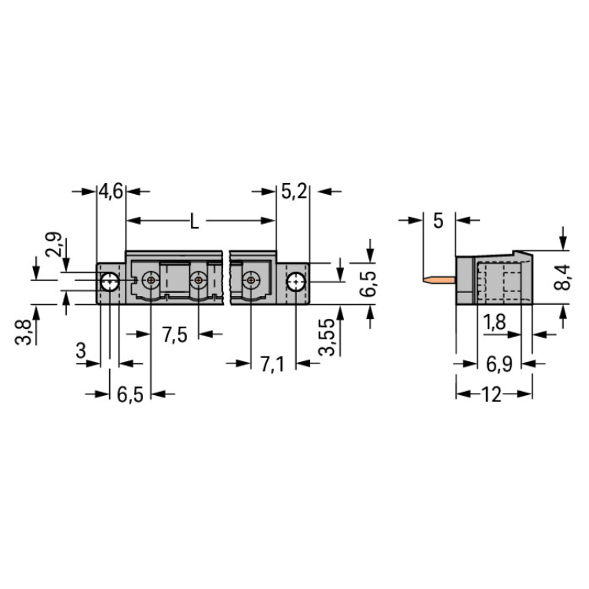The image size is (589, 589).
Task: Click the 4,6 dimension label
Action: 111,192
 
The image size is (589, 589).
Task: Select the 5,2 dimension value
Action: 294,192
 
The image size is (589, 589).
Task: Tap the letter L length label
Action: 194,221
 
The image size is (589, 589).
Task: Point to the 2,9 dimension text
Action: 53,244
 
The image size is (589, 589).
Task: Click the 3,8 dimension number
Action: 23,332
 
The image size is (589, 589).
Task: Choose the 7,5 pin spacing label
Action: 174,335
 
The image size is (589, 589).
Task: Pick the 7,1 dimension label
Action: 273,364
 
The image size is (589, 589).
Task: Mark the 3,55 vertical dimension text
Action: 326,337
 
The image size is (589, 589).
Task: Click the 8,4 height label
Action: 562,277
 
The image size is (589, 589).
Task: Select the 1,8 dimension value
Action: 494,322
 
